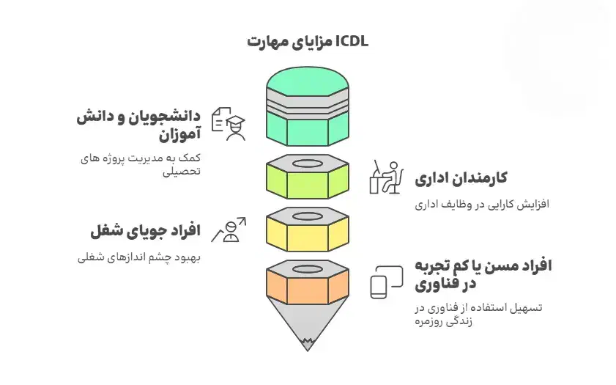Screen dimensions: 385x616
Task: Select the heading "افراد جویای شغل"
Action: (146, 232)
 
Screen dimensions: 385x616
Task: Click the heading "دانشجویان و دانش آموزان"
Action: (138, 125)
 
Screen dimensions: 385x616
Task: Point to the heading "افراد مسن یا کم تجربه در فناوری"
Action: (483, 274)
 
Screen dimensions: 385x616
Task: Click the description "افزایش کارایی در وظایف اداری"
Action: (481, 204)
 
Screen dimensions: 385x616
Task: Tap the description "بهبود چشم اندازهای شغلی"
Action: (138, 257)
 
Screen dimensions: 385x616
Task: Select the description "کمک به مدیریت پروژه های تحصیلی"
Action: (138, 164)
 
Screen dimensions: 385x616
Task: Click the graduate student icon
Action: (229, 123)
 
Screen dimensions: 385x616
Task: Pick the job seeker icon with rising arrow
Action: (229, 230)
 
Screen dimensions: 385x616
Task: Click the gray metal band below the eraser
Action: (308, 103)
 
